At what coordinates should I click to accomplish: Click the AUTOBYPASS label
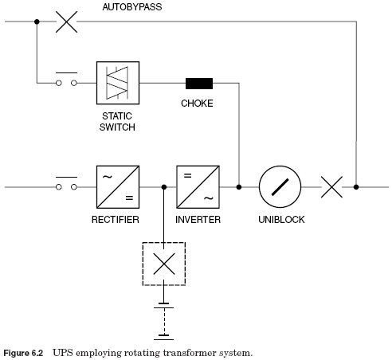click(x=132, y=7)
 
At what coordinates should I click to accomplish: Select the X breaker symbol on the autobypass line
click(x=66, y=22)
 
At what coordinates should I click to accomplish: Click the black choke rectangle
click(x=199, y=84)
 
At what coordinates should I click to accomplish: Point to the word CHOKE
click(x=197, y=104)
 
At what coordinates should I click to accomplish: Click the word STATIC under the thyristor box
click(x=117, y=116)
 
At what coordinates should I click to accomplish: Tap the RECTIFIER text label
click(x=116, y=220)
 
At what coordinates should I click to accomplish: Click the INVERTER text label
click(x=198, y=220)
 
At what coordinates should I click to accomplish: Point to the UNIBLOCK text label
click(x=281, y=220)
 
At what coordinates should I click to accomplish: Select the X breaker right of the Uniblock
click(x=331, y=187)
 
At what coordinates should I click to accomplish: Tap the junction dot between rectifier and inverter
click(x=164, y=187)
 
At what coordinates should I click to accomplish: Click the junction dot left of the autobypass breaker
click(x=37, y=22)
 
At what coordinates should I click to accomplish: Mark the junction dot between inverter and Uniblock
click(x=239, y=187)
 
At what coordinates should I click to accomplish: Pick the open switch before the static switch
click(x=66, y=80)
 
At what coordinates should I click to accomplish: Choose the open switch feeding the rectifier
click(x=66, y=184)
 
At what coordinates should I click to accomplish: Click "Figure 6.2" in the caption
click(x=23, y=354)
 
